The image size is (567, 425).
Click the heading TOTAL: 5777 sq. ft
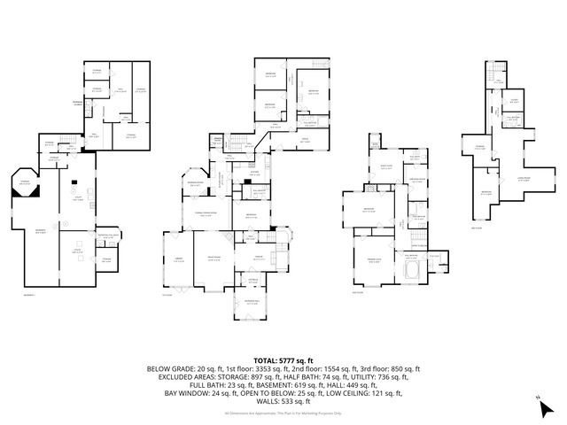(x=283, y=360)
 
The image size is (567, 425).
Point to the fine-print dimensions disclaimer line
(x=283, y=413)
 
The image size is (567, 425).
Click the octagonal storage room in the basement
(x=24, y=183)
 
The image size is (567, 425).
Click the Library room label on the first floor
(x=178, y=259)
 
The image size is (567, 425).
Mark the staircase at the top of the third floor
(x=496, y=69)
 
